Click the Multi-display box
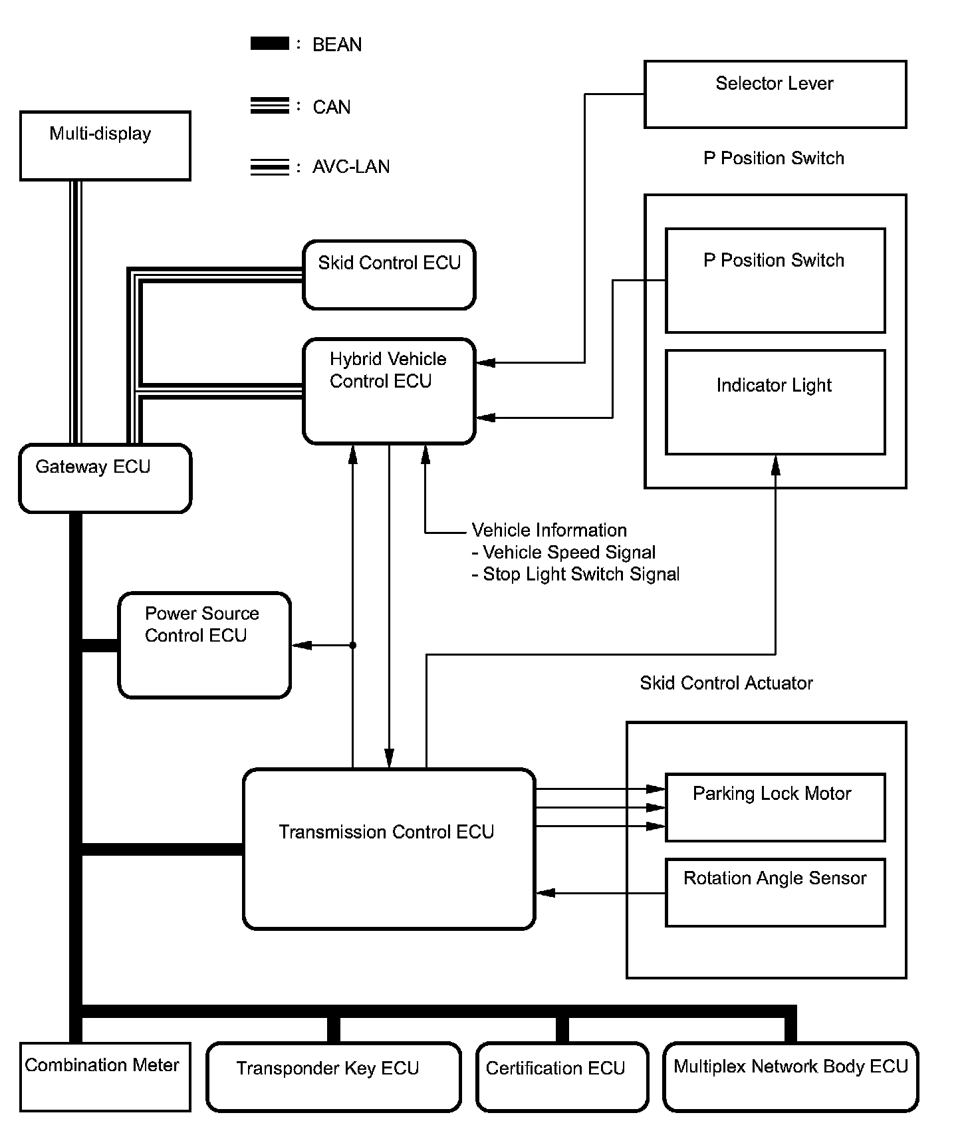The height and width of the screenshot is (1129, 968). pos(105,146)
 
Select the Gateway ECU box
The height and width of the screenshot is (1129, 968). pos(105,478)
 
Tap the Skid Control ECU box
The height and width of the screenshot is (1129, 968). pos(389,275)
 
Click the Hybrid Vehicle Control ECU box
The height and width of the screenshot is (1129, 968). pos(389,391)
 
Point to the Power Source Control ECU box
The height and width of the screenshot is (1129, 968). pos(204,645)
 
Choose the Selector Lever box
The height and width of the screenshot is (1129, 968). pos(775,94)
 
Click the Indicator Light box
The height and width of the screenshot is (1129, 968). pos(775,402)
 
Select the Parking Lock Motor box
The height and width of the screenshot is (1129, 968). pos(775,807)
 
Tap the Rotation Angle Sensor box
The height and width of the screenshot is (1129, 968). pos(775,892)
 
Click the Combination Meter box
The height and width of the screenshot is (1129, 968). pos(105,1076)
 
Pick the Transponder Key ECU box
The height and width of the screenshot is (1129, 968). pos(334,1076)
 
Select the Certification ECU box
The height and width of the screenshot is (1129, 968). pos(562,1076)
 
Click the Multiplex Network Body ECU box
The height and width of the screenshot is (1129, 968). pos(790,1076)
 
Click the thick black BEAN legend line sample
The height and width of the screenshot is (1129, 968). pos(270,44)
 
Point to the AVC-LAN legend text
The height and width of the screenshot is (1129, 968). pos(351,166)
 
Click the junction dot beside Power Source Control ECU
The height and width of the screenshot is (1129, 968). pos(353,645)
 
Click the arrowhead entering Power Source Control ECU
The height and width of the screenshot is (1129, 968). pos(301,645)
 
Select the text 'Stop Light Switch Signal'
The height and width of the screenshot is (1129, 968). pos(581,574)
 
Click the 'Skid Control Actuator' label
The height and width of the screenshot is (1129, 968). pos(726,683)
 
